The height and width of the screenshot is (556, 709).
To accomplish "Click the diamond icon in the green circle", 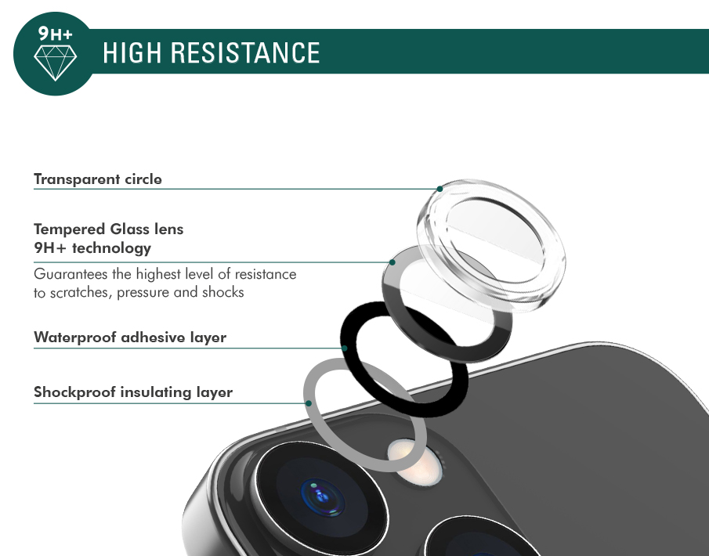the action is pyautogui.click(x=55, y=63).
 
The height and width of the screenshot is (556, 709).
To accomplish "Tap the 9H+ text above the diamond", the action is pyautogui.click(x=55, y=33).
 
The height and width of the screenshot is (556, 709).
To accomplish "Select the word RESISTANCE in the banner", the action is pyautogui.click(x=245, y=52).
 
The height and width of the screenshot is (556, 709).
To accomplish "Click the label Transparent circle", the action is pyautogui.click(x=98, y=179).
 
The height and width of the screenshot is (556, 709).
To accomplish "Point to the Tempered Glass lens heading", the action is pyautogui.click(x=109, y=229).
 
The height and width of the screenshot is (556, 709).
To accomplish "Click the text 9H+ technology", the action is pyautogui.click(x=92, y=247).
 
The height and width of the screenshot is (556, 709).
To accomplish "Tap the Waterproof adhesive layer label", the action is pyautogui.click(x=130, y=338).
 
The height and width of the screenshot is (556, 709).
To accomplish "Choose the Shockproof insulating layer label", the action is pyautogui.click(x=133, y=392).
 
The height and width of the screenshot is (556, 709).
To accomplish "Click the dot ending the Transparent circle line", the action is pyautogui.click(x=440, y=189).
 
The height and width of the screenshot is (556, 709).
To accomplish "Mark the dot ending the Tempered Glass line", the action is pyautogui.click(x=392, y=262).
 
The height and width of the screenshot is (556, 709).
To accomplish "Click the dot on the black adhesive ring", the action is pyautogui.click(x=345, y=348).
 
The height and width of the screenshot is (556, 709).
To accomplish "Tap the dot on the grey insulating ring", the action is pyautogui.click(x=309, y=403).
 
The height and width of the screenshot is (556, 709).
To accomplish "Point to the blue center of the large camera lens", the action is pyautogui.click(x=323, y=497).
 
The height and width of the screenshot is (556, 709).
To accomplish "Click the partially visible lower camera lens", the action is pyautogui.click(x=480, y=537).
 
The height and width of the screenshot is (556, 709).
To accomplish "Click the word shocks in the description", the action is pyautogui.click(x=223, y=292).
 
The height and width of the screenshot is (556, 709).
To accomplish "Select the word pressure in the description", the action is pyautogui.click(x=143, y=292).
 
